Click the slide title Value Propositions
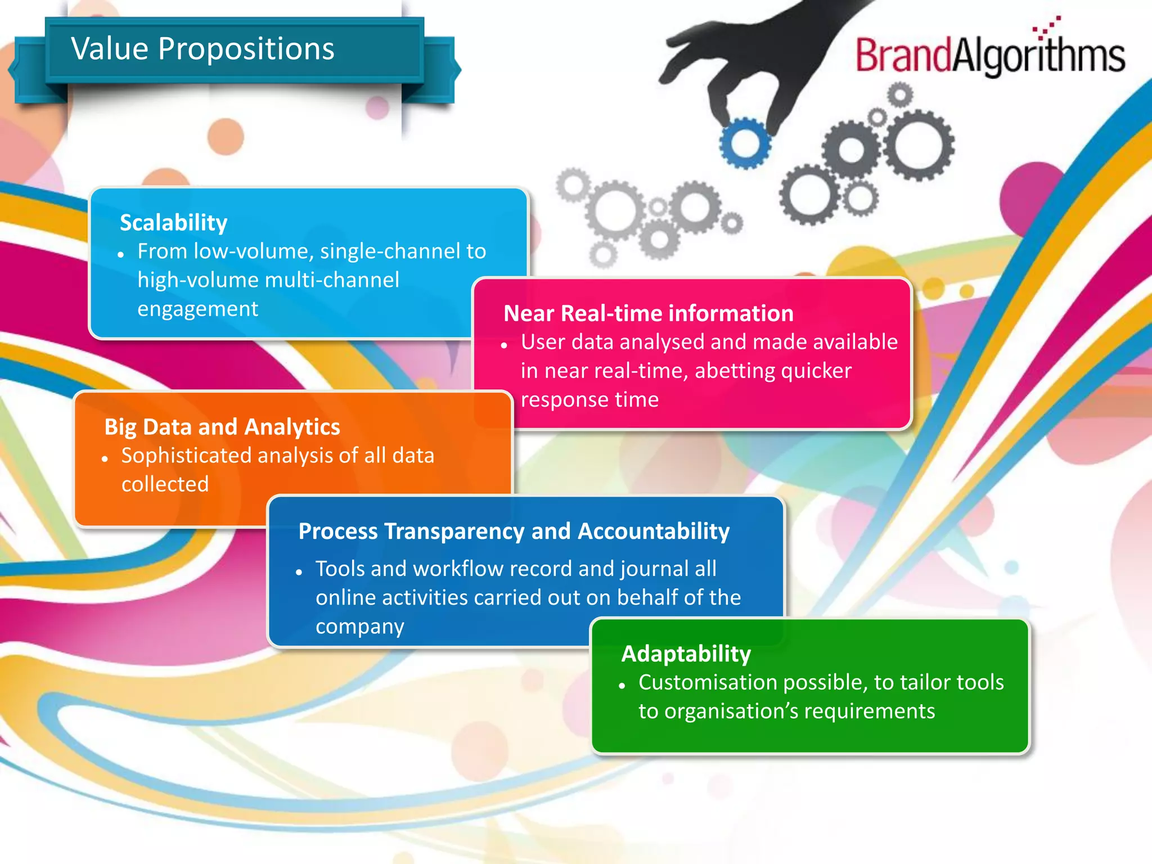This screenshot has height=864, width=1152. point(202,48)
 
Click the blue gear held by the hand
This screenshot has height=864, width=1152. point(745,143)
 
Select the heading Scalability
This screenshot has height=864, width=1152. point(173,223)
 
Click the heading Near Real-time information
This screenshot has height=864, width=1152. point(648,313)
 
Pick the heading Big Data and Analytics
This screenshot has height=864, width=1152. point(222,427)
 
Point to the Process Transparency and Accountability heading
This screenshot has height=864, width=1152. point(514,531)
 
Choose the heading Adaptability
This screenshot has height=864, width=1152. point(686,654)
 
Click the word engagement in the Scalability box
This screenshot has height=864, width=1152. point(197,309)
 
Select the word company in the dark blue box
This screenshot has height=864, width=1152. point(359,627)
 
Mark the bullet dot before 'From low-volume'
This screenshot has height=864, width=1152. point(120,255)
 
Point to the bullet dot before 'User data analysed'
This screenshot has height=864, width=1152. point(504,345)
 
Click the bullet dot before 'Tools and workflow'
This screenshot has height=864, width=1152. point(299,572)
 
